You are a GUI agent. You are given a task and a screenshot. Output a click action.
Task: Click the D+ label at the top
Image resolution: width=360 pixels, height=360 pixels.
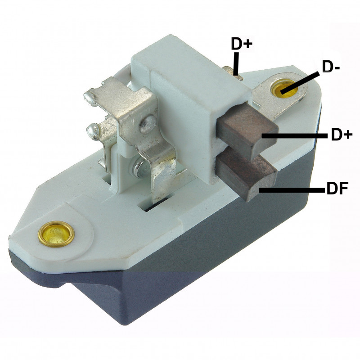point(242,44)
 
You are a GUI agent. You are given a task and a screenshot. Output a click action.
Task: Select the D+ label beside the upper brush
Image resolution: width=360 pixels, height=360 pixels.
point(342,134)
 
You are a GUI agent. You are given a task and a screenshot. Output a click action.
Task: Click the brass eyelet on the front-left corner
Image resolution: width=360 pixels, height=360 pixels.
point(56,233)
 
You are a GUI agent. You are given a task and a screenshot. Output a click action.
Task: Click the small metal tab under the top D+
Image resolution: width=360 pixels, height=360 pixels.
point(234,72)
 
